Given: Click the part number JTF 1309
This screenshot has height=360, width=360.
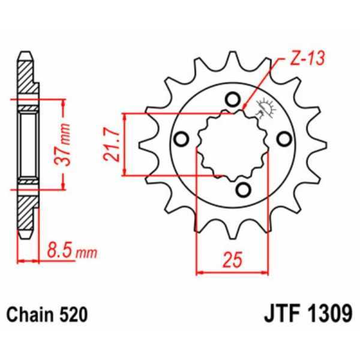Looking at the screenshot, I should point(308,314).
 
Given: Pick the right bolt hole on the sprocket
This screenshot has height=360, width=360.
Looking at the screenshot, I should point(283,139).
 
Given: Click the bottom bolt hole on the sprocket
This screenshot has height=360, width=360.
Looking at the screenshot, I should point(242,190).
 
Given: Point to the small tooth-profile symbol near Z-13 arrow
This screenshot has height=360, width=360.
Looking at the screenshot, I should point(262,110).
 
